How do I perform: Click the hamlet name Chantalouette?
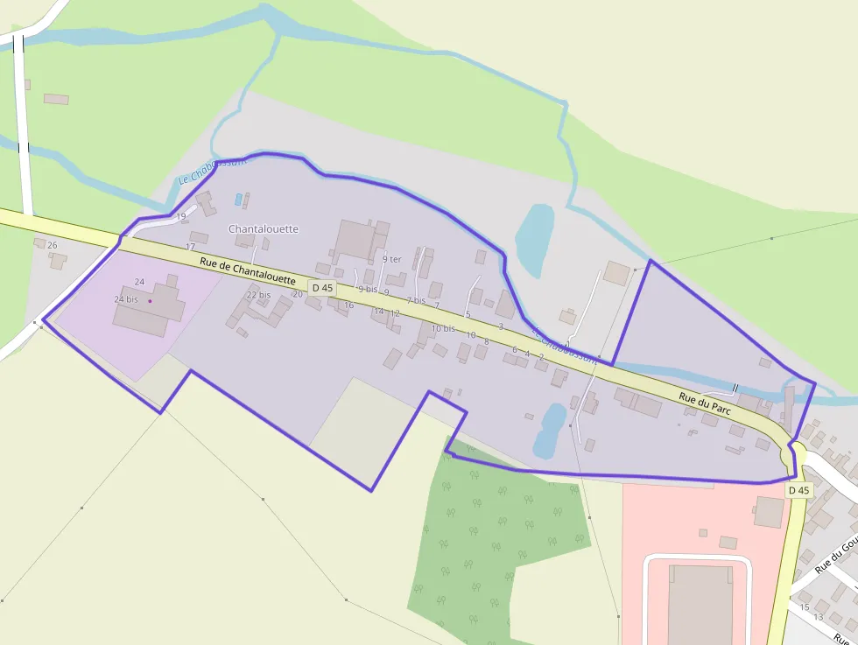click(264, 229)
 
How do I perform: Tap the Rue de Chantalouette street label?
click(247, 272)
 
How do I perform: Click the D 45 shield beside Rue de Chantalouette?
click(322, 288)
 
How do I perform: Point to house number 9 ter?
click(391, 259)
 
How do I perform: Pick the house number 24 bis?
click(126, 299)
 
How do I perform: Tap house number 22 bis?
click(258, 295)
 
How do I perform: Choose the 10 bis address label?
click(443, 329)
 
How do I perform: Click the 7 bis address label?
click(415, 300)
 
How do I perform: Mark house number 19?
click(181, 216)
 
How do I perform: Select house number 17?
click(190, 248)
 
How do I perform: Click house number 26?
click(53, 245)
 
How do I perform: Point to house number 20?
click(298, 294)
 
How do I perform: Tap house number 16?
click(348, 305)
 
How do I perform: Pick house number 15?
click(805, 606)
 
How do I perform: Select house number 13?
click(819, 617)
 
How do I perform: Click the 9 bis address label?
click(367, 290)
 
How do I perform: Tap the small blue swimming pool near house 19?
click(238, 200)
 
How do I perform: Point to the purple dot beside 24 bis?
click(150, 301)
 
